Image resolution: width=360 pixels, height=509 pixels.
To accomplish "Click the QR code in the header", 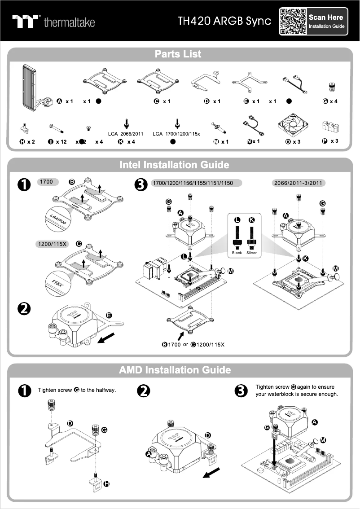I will pos(293,21).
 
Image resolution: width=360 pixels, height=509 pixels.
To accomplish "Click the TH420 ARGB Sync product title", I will pos(224,21).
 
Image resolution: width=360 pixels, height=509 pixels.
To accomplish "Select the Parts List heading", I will pos(178,54).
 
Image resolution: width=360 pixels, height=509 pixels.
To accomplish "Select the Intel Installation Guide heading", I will pos(174,165).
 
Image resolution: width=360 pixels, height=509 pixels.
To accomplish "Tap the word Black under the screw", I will pos(237,253).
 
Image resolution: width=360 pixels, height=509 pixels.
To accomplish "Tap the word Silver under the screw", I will pos(251,253).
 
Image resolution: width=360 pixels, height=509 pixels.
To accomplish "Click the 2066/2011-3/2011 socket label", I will pos(299,183).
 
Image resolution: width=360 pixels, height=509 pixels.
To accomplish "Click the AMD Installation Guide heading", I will pos(175,370).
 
